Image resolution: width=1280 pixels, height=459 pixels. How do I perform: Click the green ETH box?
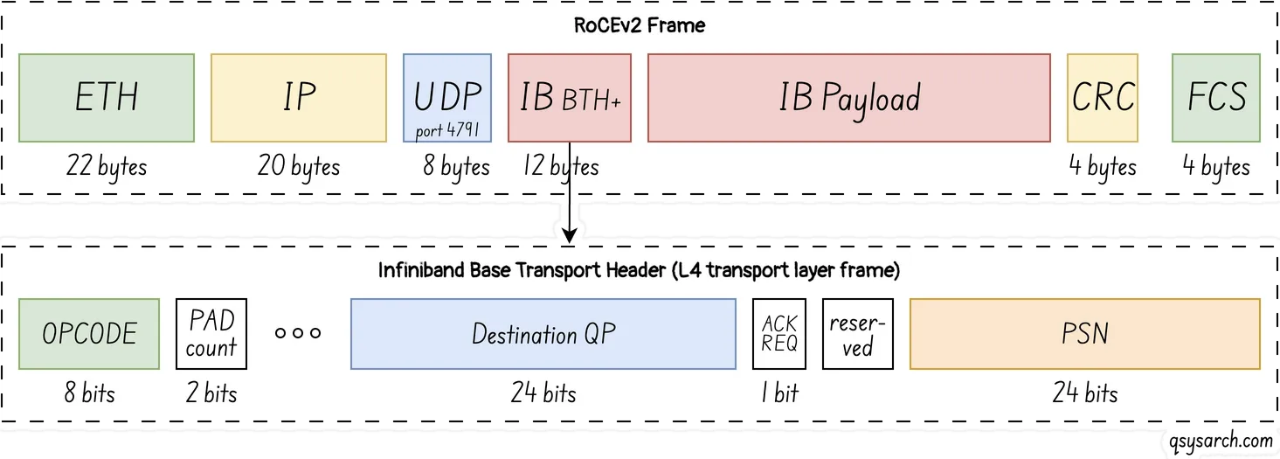106,98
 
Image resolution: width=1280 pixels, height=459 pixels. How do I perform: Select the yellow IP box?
298,98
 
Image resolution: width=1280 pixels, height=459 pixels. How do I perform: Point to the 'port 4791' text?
447,131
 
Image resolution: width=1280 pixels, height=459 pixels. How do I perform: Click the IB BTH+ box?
569,98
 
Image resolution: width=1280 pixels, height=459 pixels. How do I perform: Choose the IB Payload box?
848,98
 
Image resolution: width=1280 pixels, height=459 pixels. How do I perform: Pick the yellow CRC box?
1102,98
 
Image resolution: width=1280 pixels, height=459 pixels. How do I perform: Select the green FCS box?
1215,98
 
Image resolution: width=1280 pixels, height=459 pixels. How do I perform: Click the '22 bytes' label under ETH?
106,166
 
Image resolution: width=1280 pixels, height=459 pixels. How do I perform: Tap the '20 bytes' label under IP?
298,166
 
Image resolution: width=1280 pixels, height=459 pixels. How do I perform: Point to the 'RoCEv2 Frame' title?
640,25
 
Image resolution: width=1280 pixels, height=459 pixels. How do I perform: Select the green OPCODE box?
89,333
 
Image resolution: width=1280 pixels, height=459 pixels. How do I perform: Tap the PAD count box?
211,333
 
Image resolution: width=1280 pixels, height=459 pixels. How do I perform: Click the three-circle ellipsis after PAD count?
298,333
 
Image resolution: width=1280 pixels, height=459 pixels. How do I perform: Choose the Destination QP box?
543,333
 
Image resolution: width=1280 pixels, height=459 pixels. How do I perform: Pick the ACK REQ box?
779,333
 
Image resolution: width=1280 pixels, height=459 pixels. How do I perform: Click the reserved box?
857,333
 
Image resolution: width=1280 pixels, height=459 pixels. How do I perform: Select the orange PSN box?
1084,333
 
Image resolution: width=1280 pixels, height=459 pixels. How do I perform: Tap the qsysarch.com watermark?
1221,442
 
